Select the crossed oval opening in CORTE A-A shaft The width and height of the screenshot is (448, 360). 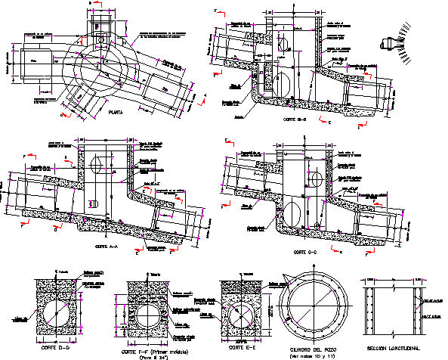[x=95, y=164]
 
